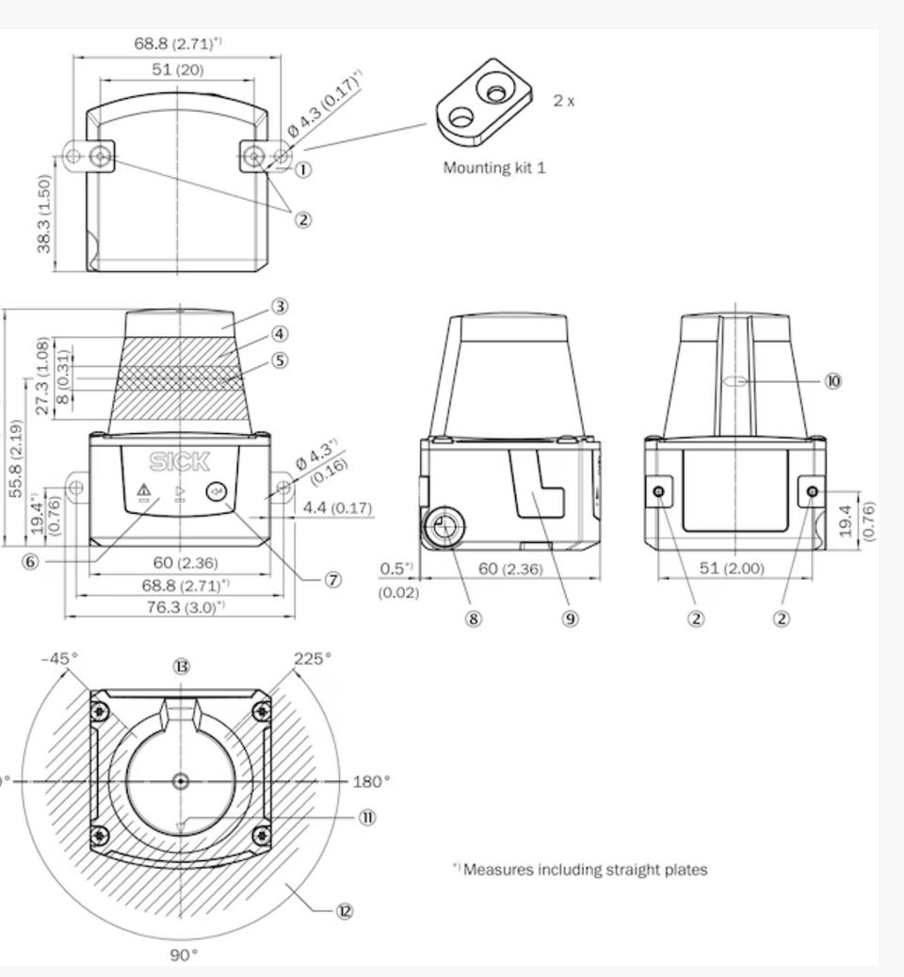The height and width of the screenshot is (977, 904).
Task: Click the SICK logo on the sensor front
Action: pyautogui.click(x=180, y=462)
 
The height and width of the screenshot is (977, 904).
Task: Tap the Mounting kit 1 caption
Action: pyautogui.click(x=494, y=168)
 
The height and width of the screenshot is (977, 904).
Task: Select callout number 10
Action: pyautogui.click(x=833, y=380)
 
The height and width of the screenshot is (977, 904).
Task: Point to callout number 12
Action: pyautogui.click(x=344, y=911)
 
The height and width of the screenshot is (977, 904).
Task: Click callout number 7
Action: pyautogui.click(x=333, y=580)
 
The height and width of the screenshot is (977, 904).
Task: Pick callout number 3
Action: pyautogui.click(x=280, y=307)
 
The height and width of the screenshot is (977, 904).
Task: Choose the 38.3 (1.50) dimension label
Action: pyautogui.click(x=43, y=215)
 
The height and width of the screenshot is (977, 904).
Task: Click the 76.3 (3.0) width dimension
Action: pyautogui.click(x=186, y=607)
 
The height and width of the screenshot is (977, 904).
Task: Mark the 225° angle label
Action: pyautogui.click(x=313, y=659)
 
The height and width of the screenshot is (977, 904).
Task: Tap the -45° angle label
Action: pyautogui.click(x=60, y=659)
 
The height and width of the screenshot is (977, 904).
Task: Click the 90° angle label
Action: pyautogui.click(x=184, y=955)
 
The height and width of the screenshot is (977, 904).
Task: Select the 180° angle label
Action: pyautogui.click(x=372, y=781)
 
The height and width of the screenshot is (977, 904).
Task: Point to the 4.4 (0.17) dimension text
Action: pyautogui.click(x=337, y=508)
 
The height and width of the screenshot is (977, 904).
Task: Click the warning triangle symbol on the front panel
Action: pyautogui.click(x=144, y=490)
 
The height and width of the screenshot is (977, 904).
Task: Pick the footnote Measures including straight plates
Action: pyautogui.click(x=580, y=869)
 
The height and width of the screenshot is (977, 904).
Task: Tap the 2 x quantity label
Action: pyautogui.click(x=564, y=101)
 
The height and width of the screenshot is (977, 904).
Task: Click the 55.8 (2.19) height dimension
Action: pyautogui.click(x=16, y=458)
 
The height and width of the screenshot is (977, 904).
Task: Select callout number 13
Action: pyautogui.click(x=181, y=666)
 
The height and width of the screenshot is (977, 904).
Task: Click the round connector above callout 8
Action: pyautogui.click(x=444, y=526)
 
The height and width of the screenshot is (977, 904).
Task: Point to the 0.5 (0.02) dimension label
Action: pyautogui.click(x=397, y=580)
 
